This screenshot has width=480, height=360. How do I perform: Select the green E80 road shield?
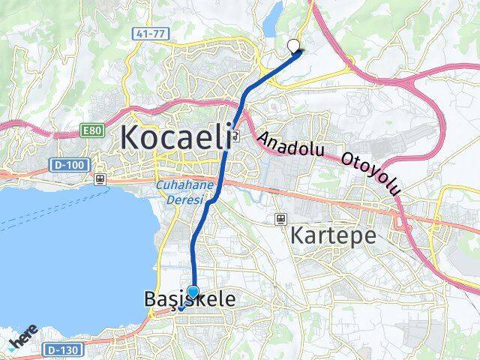91,131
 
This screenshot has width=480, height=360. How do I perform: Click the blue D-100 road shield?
61,163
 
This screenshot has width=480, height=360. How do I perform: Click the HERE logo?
24,338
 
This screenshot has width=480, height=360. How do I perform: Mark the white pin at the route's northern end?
293,46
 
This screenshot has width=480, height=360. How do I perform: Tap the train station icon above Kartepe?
280,219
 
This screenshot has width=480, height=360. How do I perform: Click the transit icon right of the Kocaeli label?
236,136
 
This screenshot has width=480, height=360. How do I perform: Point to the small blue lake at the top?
274,10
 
